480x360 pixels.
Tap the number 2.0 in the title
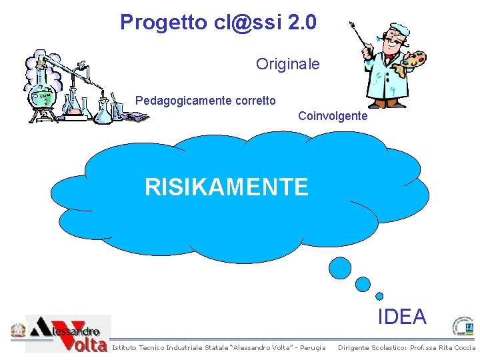pos(303,23)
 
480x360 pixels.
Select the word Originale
pos(287,65)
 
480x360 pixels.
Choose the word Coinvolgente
pos(333,116)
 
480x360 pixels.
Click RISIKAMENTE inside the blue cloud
pos(227,187)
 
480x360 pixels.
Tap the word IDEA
pos(402,317)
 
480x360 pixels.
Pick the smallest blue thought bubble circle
pos(379,296)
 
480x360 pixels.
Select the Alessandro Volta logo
pos(69,333)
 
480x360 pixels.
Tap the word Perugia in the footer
pos(313,347)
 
